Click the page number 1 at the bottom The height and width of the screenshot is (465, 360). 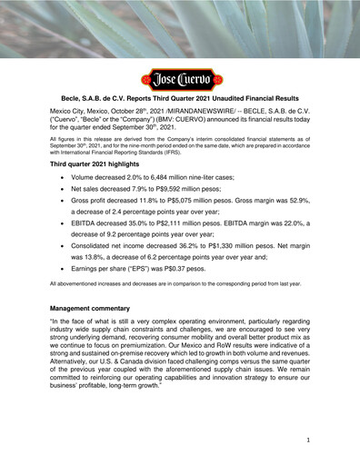[309, 439]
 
